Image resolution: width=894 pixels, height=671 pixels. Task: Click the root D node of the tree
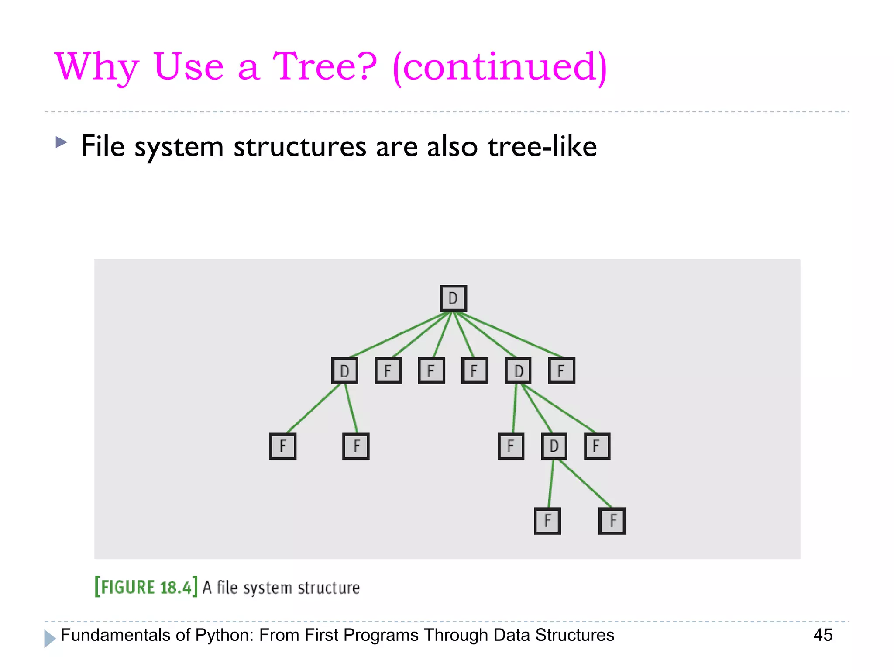[x=453, y=298]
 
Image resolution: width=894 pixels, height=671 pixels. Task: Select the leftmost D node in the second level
[x=344, y=370]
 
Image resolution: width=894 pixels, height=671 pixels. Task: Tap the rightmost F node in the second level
[x=561, y=370]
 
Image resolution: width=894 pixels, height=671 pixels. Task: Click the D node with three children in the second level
[x=518, y=370]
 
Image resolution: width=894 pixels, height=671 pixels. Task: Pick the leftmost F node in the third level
[x=283, y=446]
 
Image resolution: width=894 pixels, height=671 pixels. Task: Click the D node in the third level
[x=554, y=446]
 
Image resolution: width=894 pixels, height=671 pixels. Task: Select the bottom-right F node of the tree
[x=612, y=521]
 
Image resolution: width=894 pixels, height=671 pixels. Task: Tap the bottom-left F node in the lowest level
[x=547, y=521]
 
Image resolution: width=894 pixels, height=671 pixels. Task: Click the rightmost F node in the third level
[x=597, y=446]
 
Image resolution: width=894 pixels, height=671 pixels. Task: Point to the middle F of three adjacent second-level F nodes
[x=431, y=370]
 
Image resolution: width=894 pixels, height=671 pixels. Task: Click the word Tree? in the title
[x=324, y=66]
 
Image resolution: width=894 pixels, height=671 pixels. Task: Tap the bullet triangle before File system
[x=62, y=142]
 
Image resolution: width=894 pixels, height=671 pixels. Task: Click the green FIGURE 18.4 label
[x=146, y=587]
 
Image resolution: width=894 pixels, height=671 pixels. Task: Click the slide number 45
[x=822, y=635]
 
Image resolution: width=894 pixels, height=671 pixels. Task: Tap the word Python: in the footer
[x=224, y=635]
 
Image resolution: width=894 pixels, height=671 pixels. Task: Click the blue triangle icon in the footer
[x=50, y=638]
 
